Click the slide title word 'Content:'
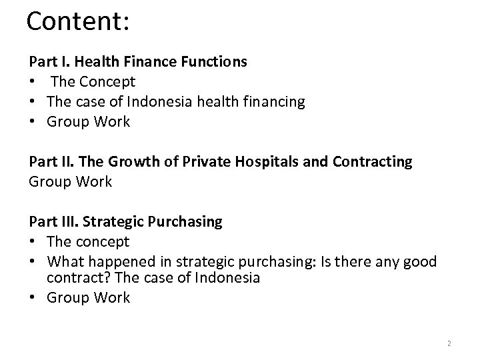pyautogui.click(x=77, y=21)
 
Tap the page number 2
pyautogui.click(x=449, y=343)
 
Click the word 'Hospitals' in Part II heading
pyautogui.click(x=245, y=162)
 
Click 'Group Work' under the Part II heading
pyautogui.click(x=70, y=181)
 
